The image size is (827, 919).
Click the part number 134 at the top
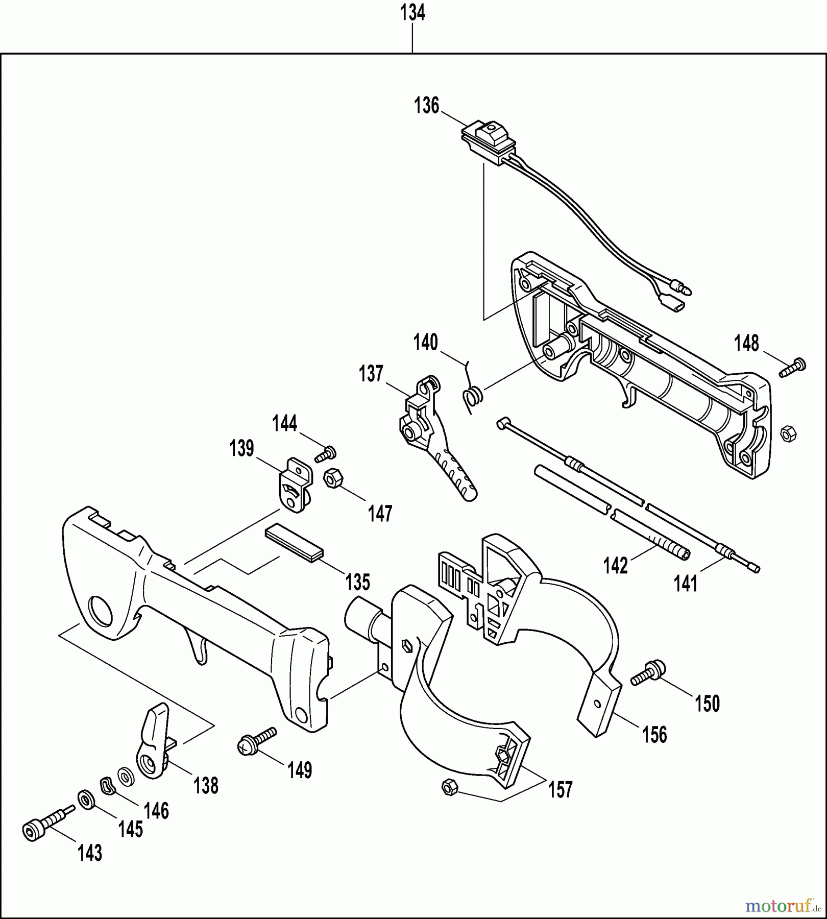(412, 13)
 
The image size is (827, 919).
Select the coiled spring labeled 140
(473, 395)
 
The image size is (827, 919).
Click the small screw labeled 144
(326, 453)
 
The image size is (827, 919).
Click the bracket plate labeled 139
(295, 485)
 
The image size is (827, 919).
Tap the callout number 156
(654, 735)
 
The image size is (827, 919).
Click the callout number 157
(560, 790)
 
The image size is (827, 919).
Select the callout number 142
(615, 566)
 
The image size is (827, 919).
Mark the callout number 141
(685, 583)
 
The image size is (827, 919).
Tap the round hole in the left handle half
(100, 609)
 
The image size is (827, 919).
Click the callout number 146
(156, 811)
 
